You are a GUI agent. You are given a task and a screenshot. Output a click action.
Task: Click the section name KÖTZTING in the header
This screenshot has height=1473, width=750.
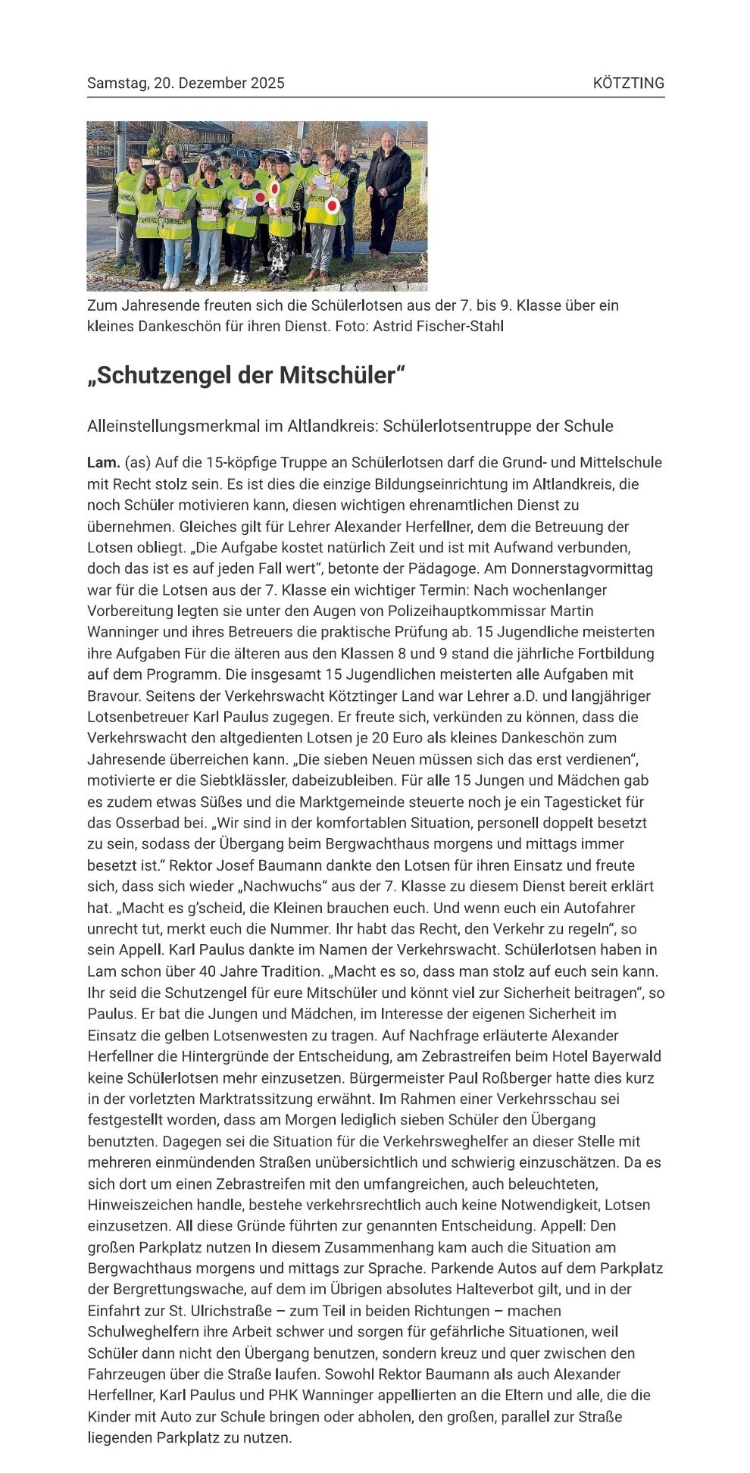coord(628,83)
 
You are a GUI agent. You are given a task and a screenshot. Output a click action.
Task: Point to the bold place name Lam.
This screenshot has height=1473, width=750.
coord(103,462)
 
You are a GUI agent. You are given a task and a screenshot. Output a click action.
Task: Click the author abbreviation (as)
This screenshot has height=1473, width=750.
coord(137,462)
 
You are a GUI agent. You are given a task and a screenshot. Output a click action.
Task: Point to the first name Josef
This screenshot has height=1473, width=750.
coord(235,865)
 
